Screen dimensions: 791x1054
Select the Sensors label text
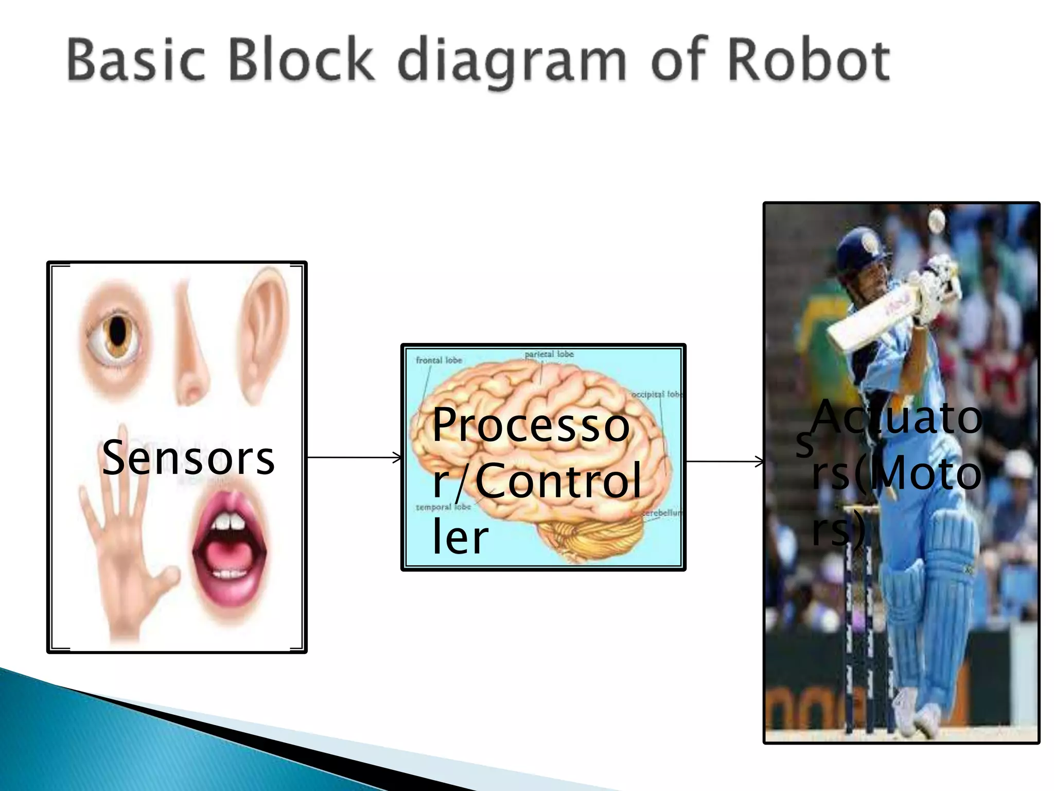pyautogui.click(x=188, y=458)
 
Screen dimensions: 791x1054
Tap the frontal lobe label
pyautogui.click(x=439, y=360)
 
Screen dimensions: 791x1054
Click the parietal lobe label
pyautogui.click(x=549, y=354)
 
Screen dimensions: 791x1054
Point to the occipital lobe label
pyautogui.click(x=656, y=394)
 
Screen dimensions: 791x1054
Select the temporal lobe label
pyautogui.click(x=443, y=507)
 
